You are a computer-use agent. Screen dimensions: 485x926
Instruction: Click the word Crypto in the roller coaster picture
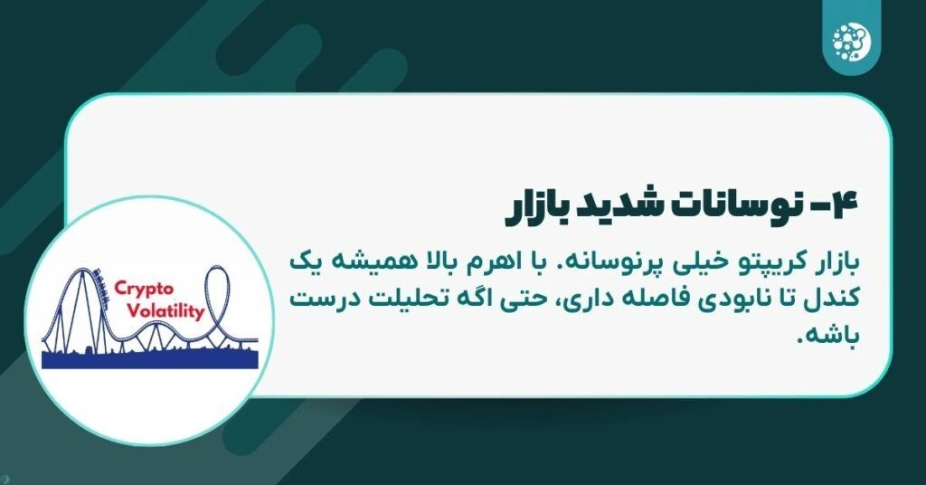tap(141, 289)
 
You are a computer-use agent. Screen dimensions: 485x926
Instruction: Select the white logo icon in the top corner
tap(848, 38)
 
